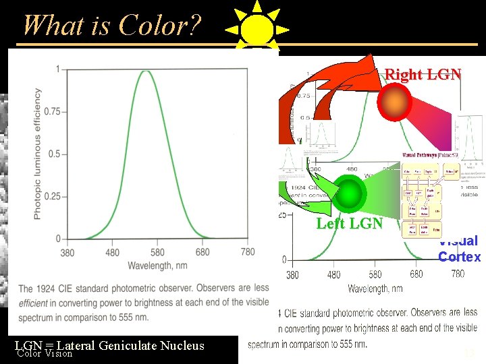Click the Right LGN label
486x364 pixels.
point(423,75)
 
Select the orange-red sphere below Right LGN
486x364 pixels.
point(395,102)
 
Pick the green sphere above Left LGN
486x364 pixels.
point(350,192)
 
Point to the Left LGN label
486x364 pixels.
point(350,223)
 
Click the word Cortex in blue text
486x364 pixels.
point(459,257)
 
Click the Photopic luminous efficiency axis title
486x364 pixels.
point(38,154)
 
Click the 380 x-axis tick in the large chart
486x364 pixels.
point(67,253)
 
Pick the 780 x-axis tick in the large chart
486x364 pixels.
point(248,252)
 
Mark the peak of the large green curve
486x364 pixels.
point(146,70)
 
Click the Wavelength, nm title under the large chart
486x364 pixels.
point(158,266)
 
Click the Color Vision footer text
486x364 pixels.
point(45,353)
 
